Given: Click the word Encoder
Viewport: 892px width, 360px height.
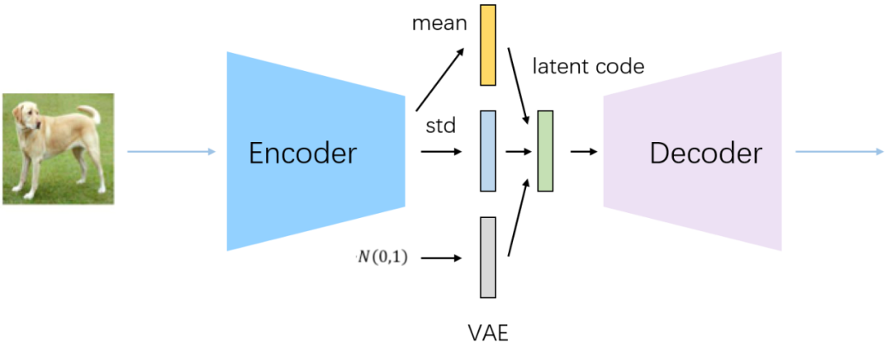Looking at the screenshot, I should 303,154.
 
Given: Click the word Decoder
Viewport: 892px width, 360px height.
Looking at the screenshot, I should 705,154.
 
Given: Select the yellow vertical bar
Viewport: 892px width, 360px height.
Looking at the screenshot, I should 488,45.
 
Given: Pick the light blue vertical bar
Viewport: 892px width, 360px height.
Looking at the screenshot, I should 488,151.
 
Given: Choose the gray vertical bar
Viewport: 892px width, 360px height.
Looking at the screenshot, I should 488,257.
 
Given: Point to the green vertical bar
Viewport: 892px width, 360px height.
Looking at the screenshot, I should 545,151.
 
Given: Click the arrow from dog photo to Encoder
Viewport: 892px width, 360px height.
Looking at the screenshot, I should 171,151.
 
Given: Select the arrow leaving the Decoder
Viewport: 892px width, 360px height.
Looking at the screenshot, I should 839,151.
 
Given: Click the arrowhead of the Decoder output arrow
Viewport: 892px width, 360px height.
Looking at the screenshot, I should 880,151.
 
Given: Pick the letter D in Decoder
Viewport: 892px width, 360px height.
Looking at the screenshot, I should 659,154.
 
